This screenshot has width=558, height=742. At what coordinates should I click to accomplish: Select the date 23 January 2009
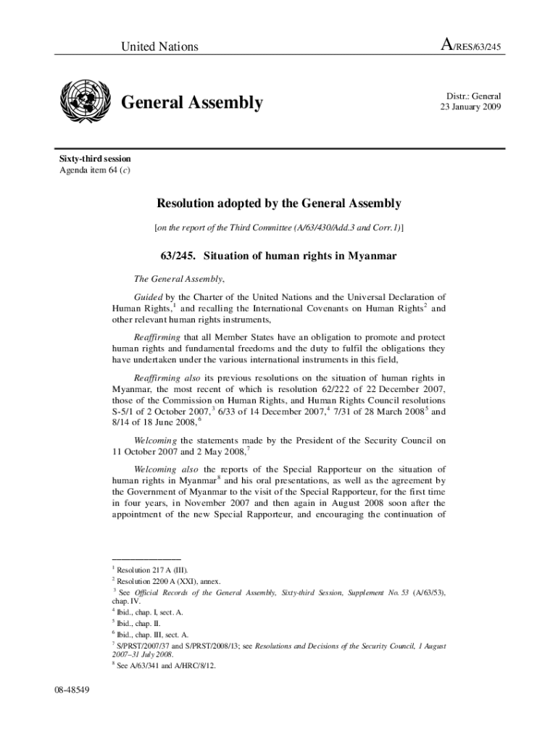coord(470,107)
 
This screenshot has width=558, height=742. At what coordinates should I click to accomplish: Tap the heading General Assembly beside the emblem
coord(191,103)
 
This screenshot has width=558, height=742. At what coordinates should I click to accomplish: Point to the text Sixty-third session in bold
coord(95,159)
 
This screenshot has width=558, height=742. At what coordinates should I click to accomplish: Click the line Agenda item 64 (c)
coord(95,170)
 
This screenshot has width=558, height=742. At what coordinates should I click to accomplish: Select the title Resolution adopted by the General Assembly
coord(279,204)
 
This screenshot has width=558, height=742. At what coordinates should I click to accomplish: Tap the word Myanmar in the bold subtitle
coord(370,257)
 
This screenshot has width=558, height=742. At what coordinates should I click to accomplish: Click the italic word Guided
coord(149,297)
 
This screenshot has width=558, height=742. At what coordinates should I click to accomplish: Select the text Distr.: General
coord(472,96)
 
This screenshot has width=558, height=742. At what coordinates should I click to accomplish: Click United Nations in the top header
coord(159,47)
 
